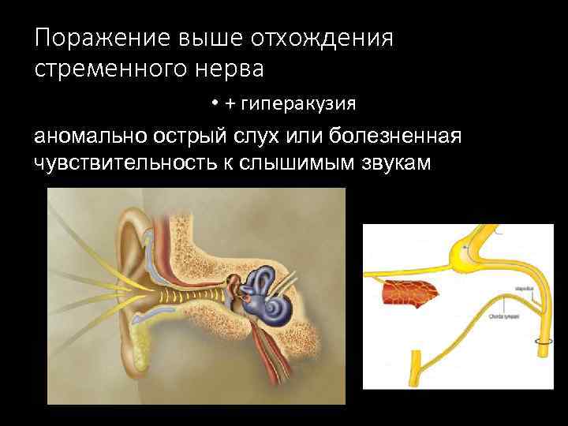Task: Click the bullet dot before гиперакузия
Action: [214, 104]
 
